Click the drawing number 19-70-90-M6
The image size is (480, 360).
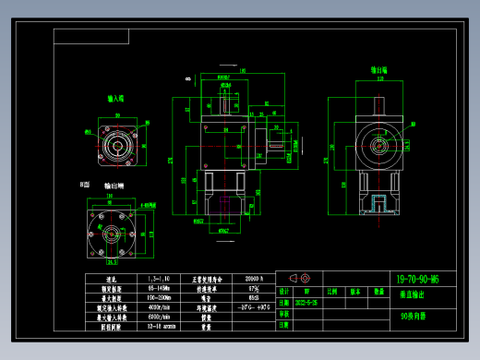(416, 278)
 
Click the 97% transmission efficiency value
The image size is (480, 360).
(252, 289)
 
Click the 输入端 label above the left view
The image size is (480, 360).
(116, 97)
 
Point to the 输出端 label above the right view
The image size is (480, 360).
(378, 69)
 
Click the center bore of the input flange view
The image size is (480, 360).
(117, 144)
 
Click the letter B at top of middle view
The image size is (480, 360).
(187, 79)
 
